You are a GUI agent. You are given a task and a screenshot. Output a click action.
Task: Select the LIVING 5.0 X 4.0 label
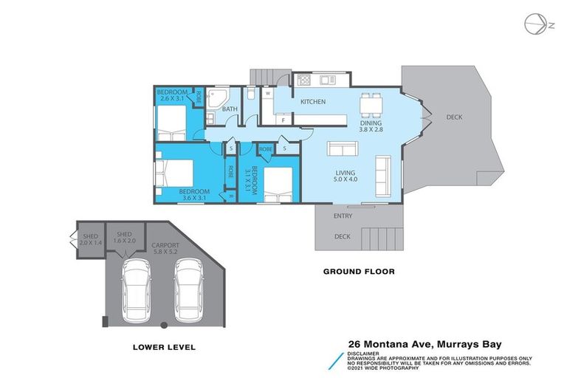[x=344, y=175]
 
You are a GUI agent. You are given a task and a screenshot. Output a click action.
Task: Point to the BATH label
[x=230, y=110]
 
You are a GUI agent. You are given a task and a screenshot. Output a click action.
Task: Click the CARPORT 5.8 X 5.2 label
[x=165, y=248]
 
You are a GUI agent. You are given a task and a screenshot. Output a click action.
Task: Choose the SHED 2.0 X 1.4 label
[x=91, y=238]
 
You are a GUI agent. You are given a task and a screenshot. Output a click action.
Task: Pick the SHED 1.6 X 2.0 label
[x=126, y=237]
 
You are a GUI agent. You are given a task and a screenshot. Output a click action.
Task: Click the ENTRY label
[x=343, y=216]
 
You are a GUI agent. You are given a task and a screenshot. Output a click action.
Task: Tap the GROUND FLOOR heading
[x=359, y=272]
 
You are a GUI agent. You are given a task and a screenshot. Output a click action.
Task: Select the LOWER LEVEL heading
[x=164, y=346]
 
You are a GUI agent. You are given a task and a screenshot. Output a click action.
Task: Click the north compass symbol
[x=535, y=24]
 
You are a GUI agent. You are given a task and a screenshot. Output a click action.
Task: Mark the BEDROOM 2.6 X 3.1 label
[x=173, y=94]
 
